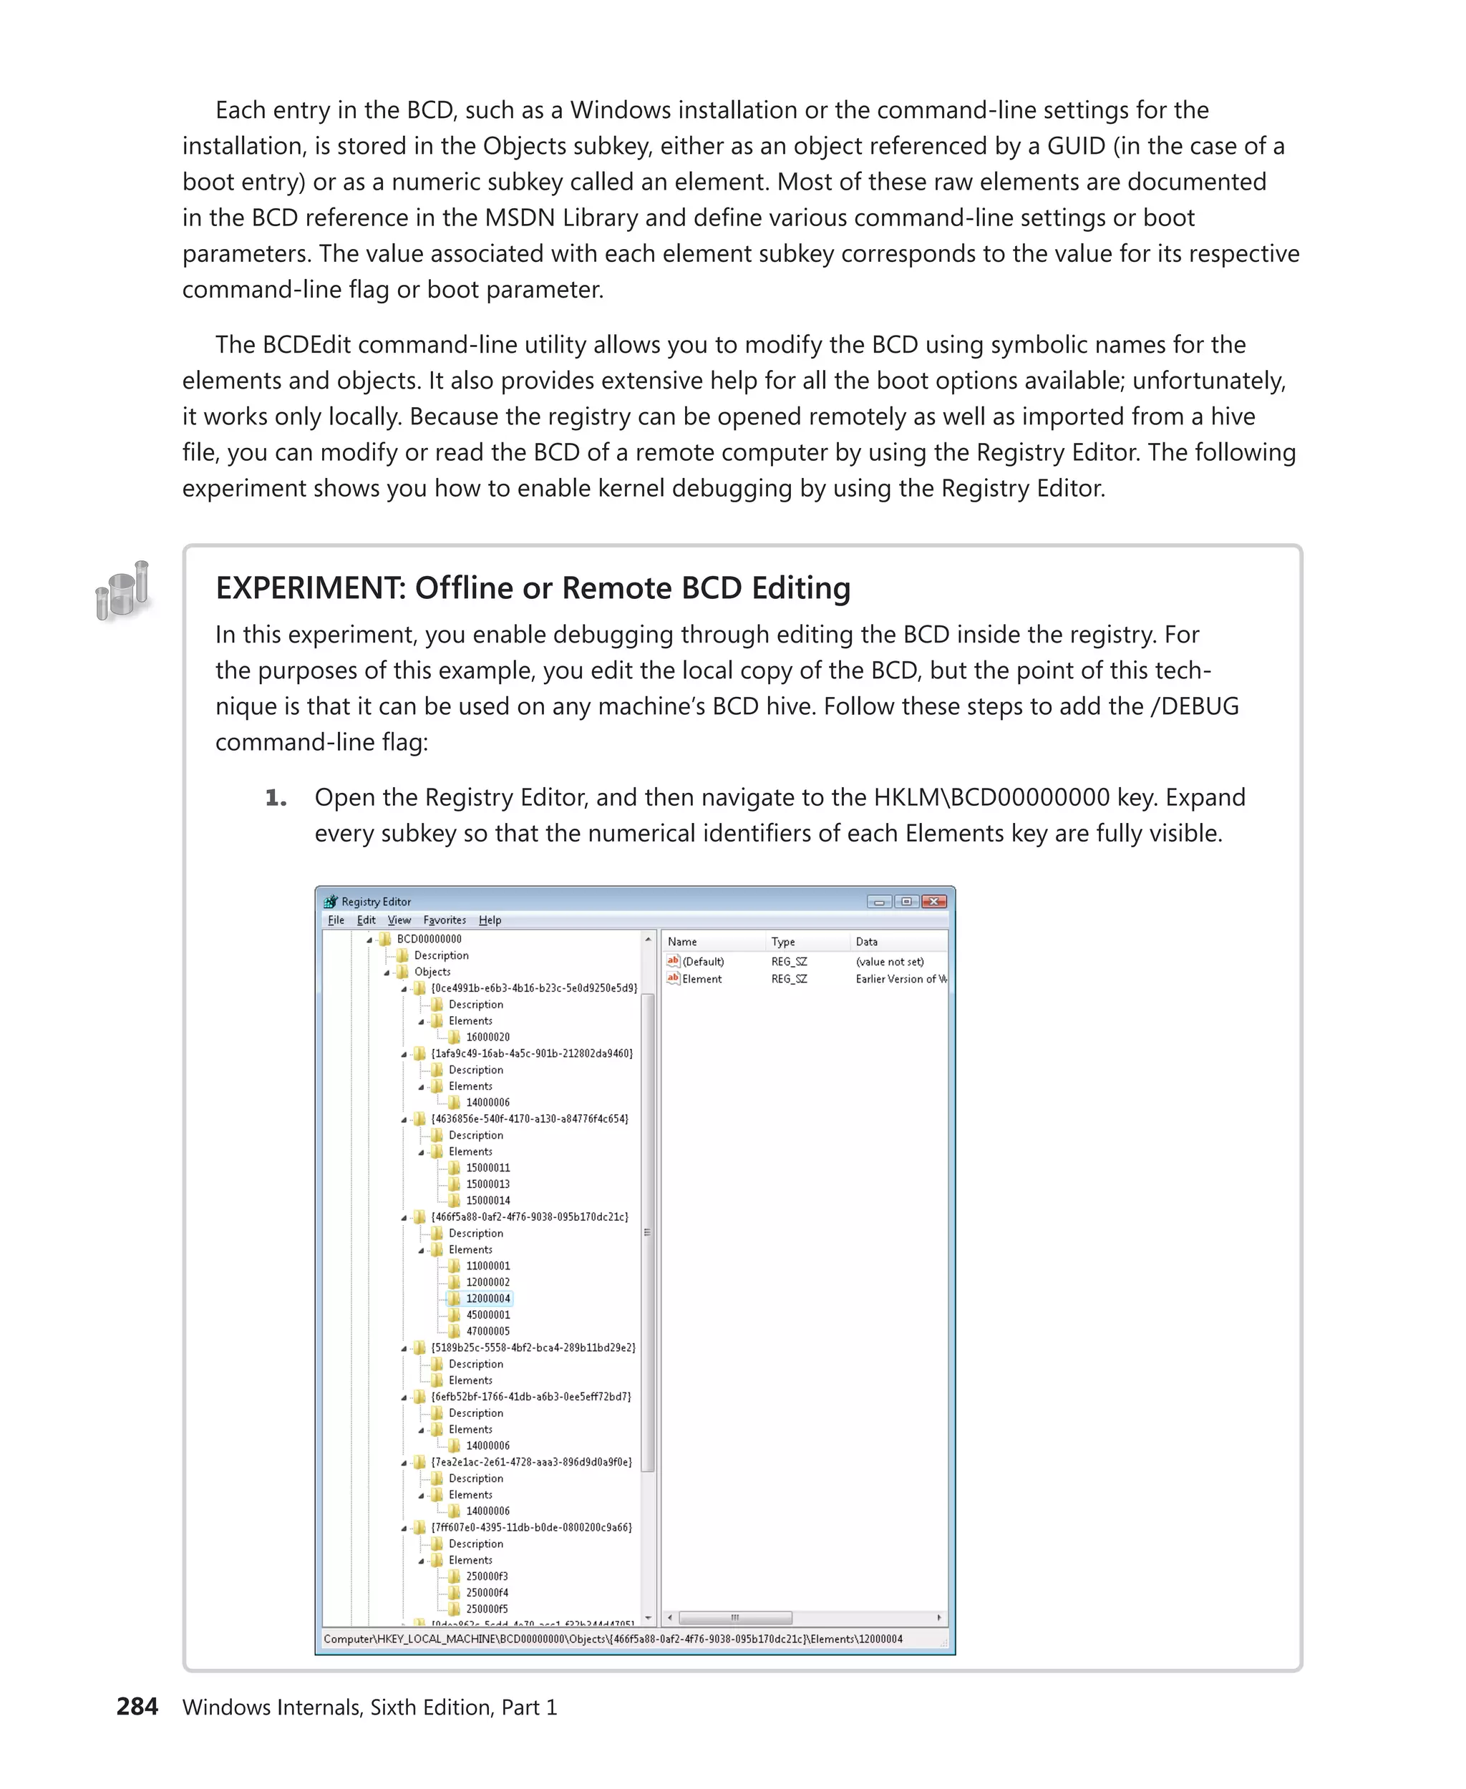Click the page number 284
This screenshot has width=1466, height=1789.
tap(137, 1706)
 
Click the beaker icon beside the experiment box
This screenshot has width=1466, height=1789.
tap(123, 590)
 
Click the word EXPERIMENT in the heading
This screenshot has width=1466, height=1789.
tap(310, 588)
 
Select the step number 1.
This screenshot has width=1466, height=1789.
tap(276, 798)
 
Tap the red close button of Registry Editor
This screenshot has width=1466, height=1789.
tap(933, 902)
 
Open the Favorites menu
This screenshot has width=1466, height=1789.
tap(445, 920)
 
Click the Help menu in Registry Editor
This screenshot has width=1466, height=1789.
tap(490, 920)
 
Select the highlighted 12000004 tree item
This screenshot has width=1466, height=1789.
tap(487, 1299)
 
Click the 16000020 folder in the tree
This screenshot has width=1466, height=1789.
tap(487, 1037)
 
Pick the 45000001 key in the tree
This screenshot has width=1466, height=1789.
tap(487, 1315)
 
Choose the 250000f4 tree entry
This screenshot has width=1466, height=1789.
tap(487, 1592)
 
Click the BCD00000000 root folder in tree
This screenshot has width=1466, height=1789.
tap(429, 939)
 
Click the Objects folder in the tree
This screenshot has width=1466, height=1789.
tap(432, 972)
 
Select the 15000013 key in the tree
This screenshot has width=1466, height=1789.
tap(487, 1184)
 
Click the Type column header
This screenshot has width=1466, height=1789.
tap(783, 941)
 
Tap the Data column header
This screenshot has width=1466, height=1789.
tap(866, 941)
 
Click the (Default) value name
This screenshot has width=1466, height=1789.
tap(703, 962)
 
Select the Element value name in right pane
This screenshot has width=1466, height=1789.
tap(702, 980)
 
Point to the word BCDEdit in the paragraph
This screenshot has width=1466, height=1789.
tap(306, 344)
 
